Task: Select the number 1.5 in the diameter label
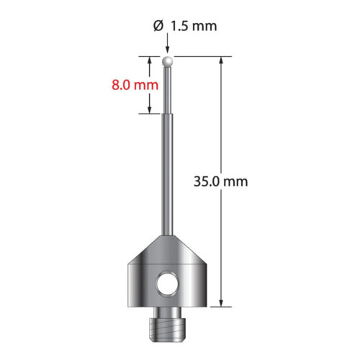click(x=179, y=27)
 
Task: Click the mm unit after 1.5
click(x=204, y=27)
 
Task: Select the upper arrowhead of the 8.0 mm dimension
click(x=150, y=60)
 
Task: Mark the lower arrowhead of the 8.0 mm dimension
click(x=150, y=109)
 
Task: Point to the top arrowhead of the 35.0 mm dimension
click(x=221, y=60)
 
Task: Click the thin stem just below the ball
click(x=168, y=86)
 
